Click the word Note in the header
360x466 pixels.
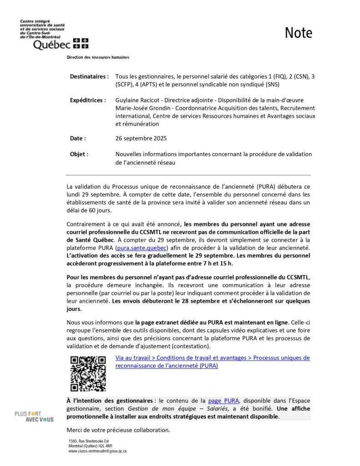299,33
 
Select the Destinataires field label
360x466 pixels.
89,76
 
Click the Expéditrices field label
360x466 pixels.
88,100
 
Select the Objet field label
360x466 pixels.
79,154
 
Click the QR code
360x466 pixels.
88,374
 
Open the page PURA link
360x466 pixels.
223,400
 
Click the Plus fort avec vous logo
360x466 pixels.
34,416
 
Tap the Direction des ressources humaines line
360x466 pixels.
98,57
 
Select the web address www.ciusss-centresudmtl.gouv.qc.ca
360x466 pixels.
97,451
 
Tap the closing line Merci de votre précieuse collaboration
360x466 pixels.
118,430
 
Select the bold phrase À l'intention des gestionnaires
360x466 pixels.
109,400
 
